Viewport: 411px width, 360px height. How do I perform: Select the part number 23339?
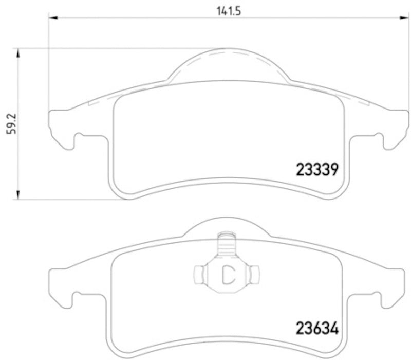pyautogui.click(x=316, y=169)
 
